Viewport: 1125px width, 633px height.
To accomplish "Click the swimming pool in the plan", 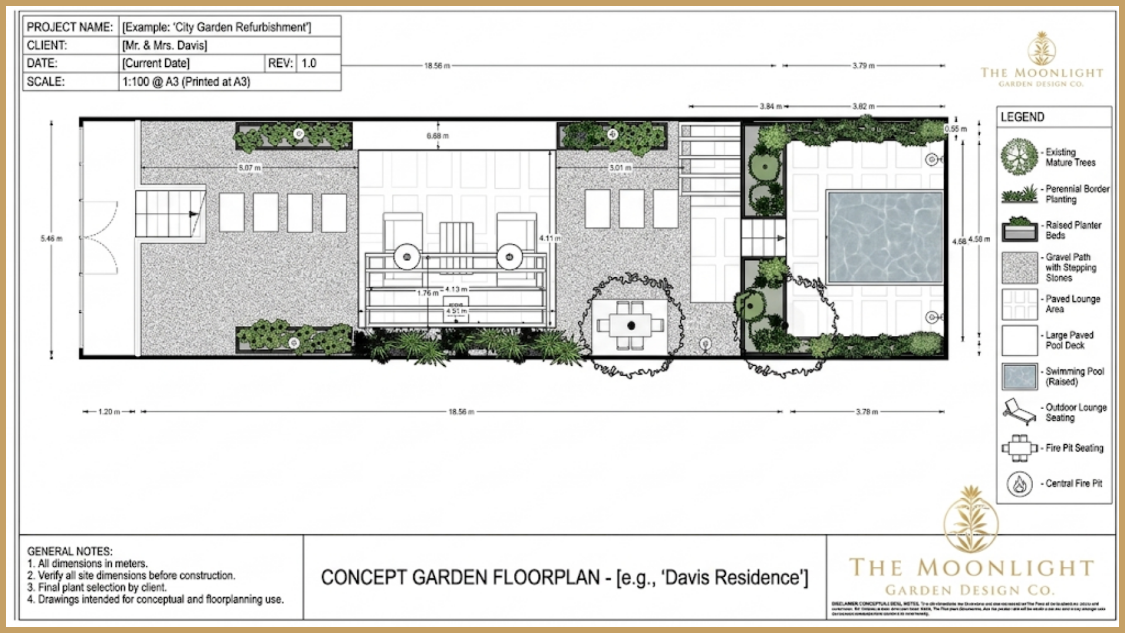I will pos(885,237).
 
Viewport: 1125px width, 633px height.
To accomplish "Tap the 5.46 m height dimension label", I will pos(52,239).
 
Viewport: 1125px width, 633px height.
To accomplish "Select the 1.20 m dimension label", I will pos(109,412).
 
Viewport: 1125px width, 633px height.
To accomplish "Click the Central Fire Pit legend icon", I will pos(1020,484).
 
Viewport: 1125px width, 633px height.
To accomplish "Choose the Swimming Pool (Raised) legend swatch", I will pos(1020,376).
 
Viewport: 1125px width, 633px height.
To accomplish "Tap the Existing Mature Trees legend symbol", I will pos(1019,157).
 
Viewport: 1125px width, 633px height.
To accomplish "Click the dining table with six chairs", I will pos(630,325).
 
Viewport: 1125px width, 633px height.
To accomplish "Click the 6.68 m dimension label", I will pos(438,136).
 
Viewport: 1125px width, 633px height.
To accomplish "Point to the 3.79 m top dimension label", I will pos(863,66).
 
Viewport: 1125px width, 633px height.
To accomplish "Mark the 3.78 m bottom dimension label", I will pos(867,412).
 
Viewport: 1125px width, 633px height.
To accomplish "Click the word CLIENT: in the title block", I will pos(47,45).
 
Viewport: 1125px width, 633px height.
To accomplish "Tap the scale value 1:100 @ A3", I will pos(186,82).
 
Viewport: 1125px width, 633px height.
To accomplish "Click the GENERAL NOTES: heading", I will pos(70,552).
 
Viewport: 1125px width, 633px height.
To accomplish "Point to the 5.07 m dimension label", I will pos(250,168).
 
